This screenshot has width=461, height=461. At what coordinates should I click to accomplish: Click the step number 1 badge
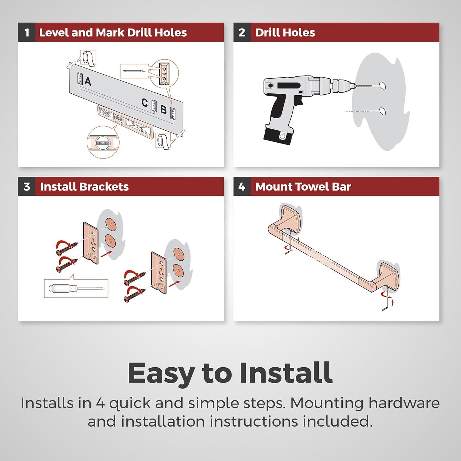(x=27, y=32)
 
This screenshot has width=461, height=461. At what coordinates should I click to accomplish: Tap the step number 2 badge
(x=242, y=32)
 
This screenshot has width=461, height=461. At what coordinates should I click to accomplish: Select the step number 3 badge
(x=27, y=187)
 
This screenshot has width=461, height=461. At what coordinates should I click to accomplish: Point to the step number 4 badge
(x=242, y=187)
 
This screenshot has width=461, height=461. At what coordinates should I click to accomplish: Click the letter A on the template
(x=88, y=81)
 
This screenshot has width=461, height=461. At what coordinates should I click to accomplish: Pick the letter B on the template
(x=164, y=110)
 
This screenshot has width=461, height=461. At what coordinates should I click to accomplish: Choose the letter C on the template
(x=145, y=103)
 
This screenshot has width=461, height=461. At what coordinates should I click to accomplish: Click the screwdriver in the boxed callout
(x=77, y=289)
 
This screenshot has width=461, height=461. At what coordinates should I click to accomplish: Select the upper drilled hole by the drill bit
(x=382, y=85)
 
